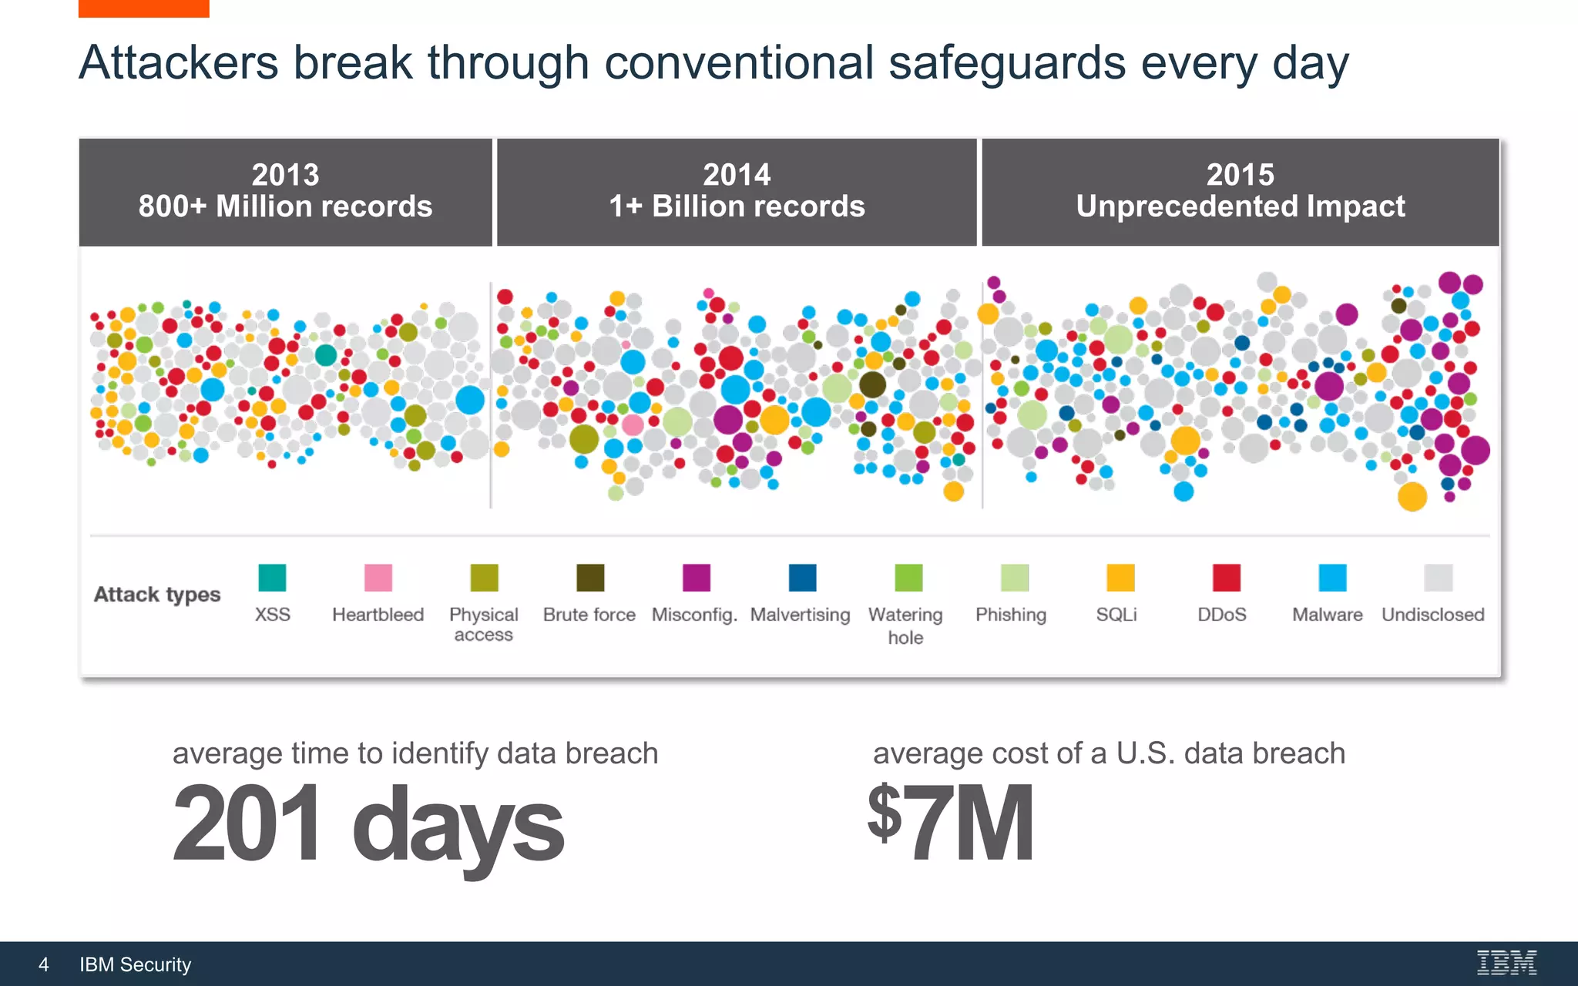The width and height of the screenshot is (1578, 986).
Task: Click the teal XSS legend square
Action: click(272, 578)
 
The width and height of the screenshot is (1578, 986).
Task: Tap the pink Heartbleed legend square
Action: click(378, 578)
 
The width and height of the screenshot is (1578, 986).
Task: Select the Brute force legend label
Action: click(589, 615)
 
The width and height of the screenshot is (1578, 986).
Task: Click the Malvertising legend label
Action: click(800, 615)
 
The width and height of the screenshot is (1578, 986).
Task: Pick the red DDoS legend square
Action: click(1226, 578)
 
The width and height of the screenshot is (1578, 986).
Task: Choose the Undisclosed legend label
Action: click(1432, 615)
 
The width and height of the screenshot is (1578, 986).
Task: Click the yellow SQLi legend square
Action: click(1120, 578)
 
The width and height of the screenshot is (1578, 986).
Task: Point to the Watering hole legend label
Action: click(905, 625)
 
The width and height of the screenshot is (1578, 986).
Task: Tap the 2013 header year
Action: click(285, 175)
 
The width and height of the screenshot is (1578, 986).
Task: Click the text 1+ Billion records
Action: click(737, 206)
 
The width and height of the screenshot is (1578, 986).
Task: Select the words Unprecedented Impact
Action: click(1241, 206)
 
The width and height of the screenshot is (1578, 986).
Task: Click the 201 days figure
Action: click(368, 824)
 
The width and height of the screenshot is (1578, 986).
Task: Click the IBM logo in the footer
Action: click(1506, 963)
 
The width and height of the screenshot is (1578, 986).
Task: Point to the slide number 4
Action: click(44, 964)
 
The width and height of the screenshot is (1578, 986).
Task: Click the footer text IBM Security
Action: click(135, 964)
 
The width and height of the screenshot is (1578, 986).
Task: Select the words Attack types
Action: click(157, 595)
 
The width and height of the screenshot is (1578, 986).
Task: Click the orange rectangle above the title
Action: click(143, 8)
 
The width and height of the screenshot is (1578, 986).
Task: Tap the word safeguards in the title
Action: click(1006, 63)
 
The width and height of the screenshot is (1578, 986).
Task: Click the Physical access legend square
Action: click(484, 578)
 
